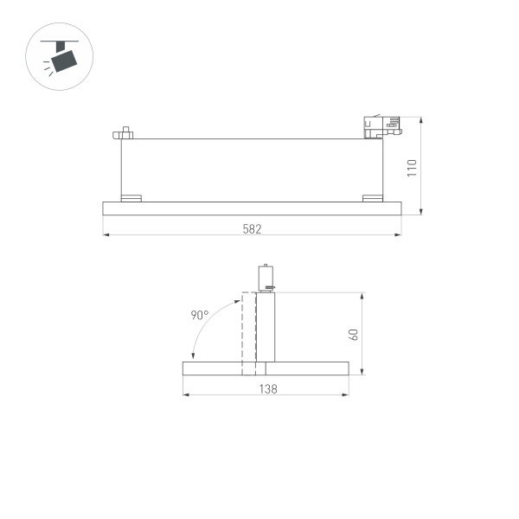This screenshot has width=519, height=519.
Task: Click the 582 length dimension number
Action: tap(252, 229)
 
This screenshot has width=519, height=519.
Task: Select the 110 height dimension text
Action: tap(413, 168)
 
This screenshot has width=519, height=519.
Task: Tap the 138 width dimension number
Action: tap(267, 390)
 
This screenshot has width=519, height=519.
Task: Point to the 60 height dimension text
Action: tap(353, 334)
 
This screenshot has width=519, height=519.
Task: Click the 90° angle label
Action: tap(200, 316)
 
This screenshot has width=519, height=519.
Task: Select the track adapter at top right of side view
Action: tap(381, 127)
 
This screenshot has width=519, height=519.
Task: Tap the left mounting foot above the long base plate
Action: tap(131, 197)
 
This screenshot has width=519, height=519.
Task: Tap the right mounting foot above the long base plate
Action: tap(371, 197)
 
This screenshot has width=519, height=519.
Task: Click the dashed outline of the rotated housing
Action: tap(248, 333)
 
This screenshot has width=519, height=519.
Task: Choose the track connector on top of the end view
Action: tap(266, 278)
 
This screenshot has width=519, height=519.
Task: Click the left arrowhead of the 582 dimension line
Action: tap(106, 234)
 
